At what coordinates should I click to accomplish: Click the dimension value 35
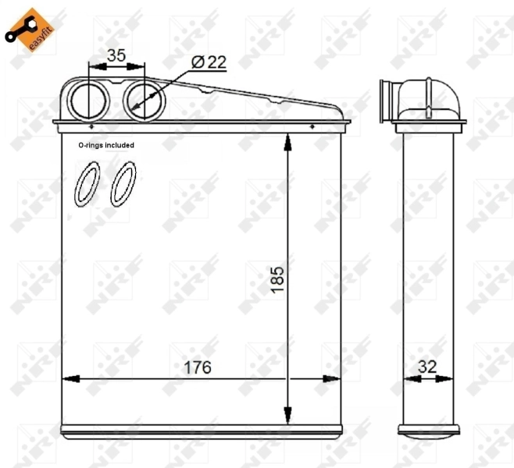click(x=116, y=55)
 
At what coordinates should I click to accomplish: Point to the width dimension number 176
click(x=198, y=367)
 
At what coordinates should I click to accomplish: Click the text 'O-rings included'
click(x=106, y=145)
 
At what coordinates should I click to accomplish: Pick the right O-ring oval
click(x=123, y=184)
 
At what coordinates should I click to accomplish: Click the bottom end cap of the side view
click(x=423, y=430)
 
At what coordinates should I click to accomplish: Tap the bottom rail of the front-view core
click(x=201, y=430)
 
